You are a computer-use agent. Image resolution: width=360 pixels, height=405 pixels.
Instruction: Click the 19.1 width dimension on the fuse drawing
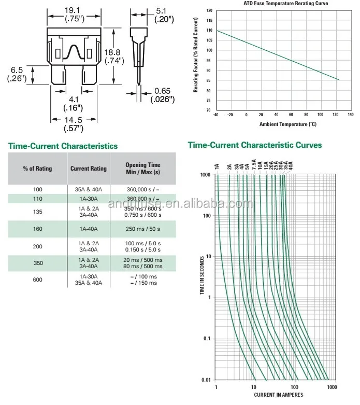pos(73,10)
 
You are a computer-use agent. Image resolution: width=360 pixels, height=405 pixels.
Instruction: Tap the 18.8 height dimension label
pos(113,52)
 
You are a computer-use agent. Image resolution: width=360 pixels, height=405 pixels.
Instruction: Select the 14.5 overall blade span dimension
pos(73,120)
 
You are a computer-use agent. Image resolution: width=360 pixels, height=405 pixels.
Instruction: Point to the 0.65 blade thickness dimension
pos(162,91)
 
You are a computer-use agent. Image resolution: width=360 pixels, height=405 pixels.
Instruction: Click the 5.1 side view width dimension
pos(163,10)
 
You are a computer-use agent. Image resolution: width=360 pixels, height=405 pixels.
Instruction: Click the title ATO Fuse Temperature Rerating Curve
pos(286,4)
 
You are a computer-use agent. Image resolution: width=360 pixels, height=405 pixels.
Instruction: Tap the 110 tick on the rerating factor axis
pos(209,30)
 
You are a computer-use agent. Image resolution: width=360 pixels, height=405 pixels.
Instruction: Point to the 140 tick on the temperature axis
pos(350,115)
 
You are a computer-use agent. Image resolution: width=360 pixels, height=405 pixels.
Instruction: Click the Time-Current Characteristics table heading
pos(63,146)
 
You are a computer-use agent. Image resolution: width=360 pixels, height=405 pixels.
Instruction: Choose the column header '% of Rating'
pos(37,169)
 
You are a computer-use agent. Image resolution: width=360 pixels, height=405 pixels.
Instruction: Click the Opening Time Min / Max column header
pos(143,168)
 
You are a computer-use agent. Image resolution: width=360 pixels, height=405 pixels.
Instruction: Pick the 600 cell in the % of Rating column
pos(37,280)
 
